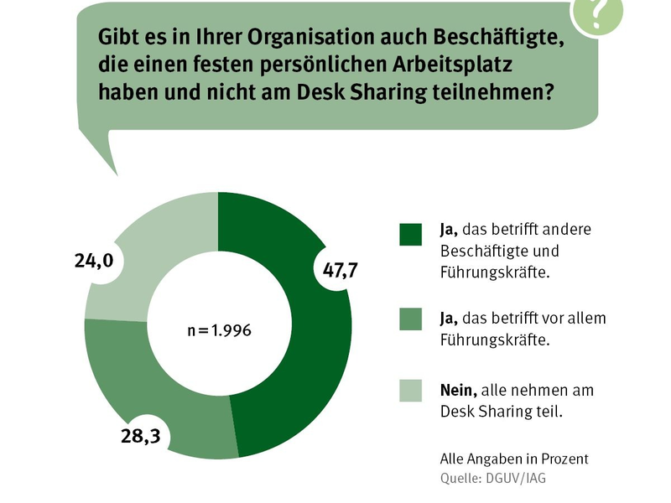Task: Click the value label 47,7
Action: click(x=341, y=270)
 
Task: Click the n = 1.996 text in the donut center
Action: click(x=219, y=330)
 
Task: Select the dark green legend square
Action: click(x=411, y=235)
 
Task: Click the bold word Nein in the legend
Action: click(x=458, y=390)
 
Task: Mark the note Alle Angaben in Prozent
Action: click(x=514, y=459)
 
